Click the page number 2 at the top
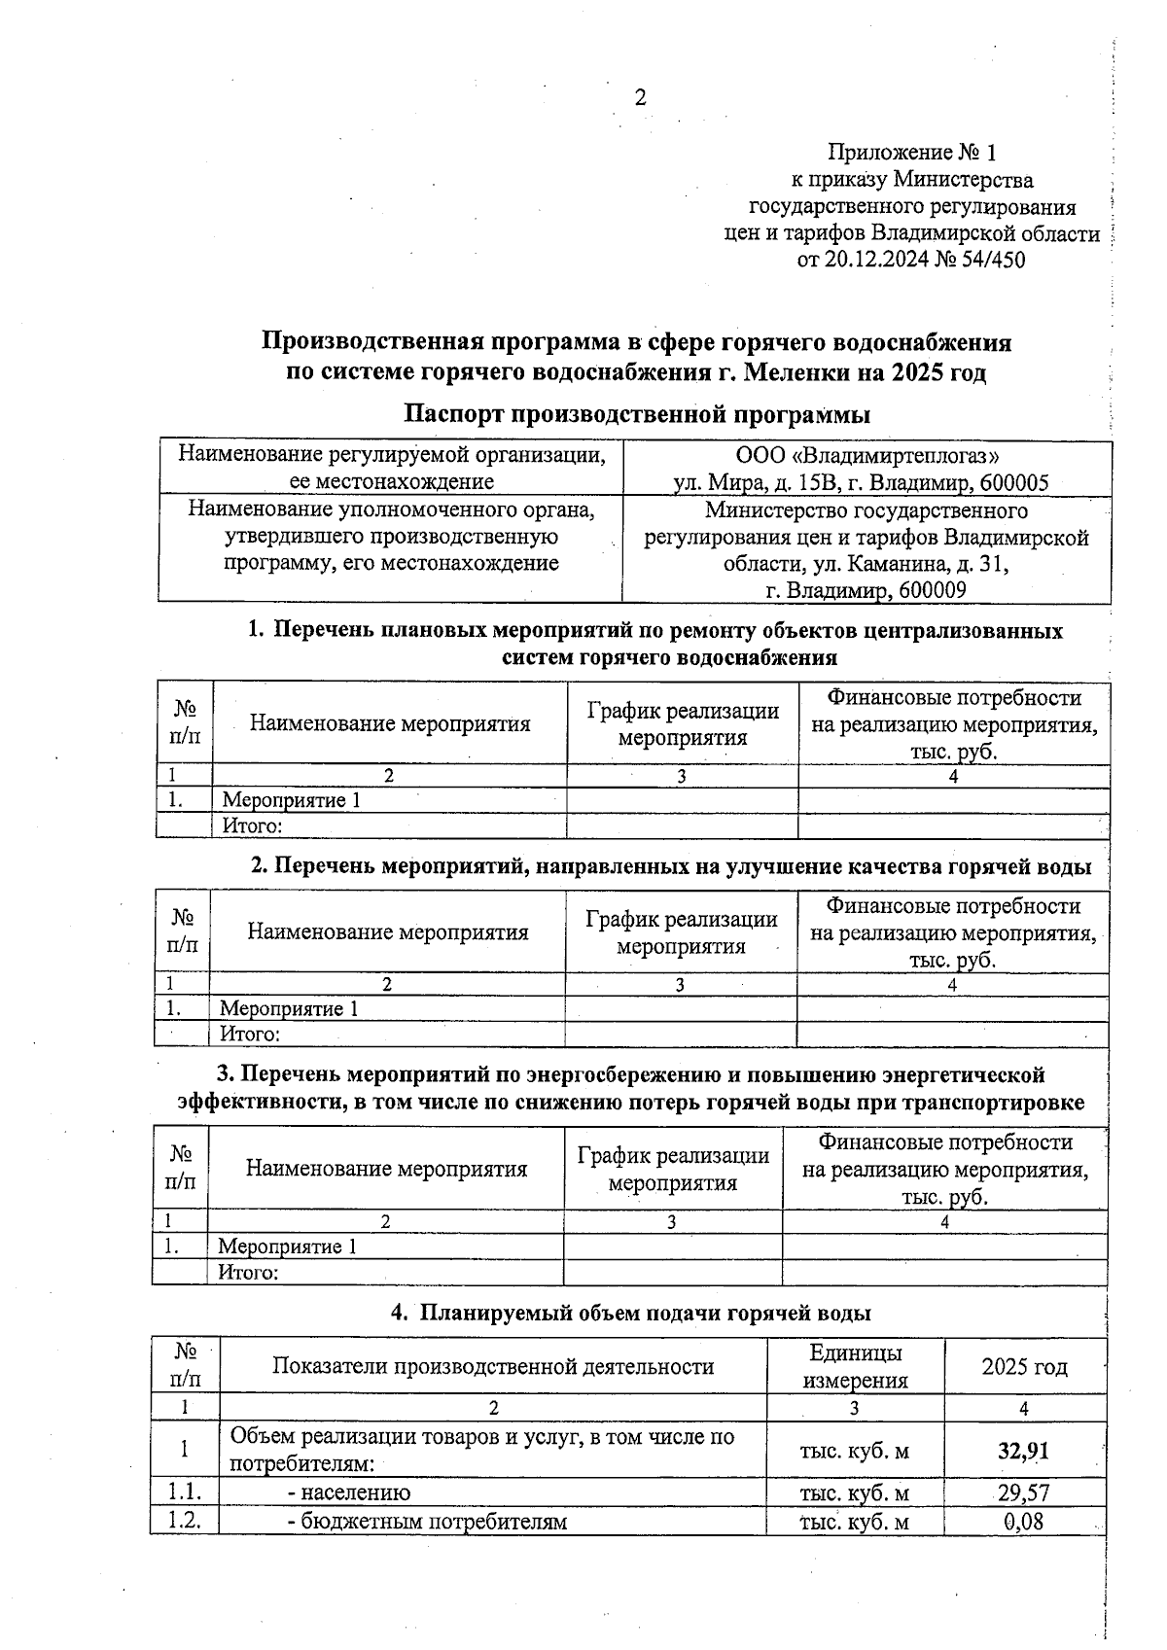pyautogui.click(x=639, y=97)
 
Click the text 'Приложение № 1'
pyautogui.click(x=911, y=153)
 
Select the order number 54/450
pyautogui.click(x=991, y=260)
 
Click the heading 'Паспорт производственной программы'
pyautogui.click(x=637, y=414)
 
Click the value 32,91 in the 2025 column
pyautogui.click(x=1023, y=1451)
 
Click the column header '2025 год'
pyautogui.click(x=1024, y=1367)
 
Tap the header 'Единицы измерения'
pyautogui.click(x=854, y=1366)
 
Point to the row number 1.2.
pyautogui.click(x=184, y=1521)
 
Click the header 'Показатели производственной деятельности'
pyautogui.click(x=493, y=1366)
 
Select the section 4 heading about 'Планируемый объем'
pyautogui.click(x=630, y=1313)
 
